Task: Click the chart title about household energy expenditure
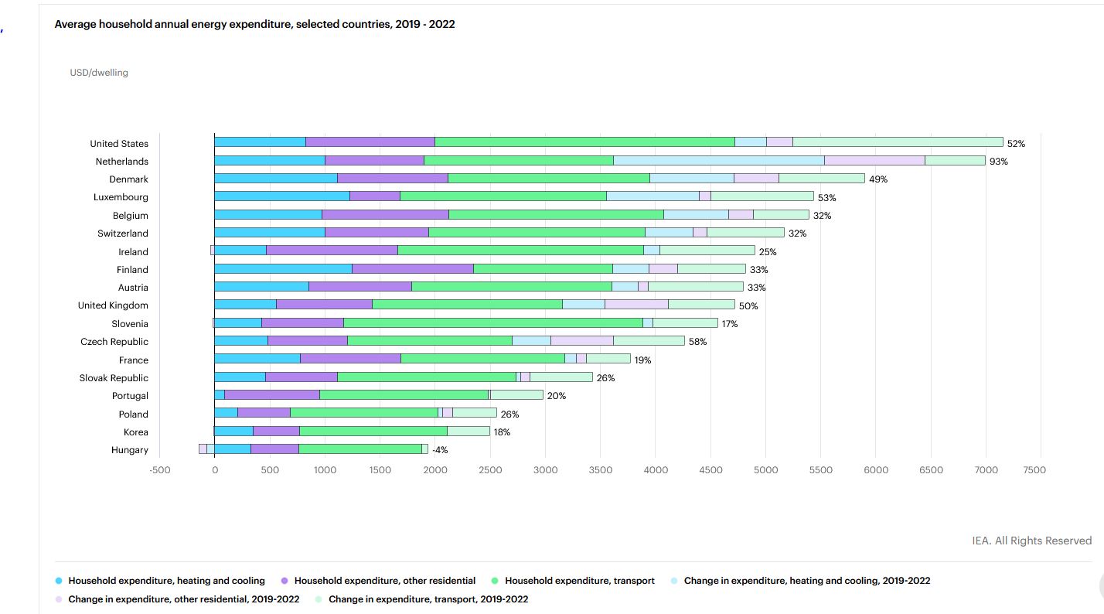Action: (254, 24)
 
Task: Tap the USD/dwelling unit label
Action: (99, 73)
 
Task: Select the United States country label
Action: (119, 143)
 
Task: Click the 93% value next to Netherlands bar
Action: (999, 162)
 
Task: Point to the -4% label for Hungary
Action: (440, 450)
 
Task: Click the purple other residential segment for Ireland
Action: (332, 251)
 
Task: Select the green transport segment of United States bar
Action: (584, 142)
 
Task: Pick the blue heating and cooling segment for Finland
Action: (283, 269)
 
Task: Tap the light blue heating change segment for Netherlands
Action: (718, 161)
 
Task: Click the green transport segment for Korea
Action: (373, 432)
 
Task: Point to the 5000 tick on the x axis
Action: (765, 470)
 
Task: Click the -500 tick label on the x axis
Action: (159, 470)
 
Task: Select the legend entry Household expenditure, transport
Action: (579, 581)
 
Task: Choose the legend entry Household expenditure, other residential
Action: (384, 581)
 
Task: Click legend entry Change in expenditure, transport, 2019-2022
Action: (428, 599)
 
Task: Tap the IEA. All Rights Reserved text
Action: (1031, 541)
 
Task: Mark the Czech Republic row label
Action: (114, 342)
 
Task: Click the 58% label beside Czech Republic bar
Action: (697, 342)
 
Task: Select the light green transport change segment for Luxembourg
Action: (762, 197)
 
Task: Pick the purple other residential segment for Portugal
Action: (271, 395)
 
